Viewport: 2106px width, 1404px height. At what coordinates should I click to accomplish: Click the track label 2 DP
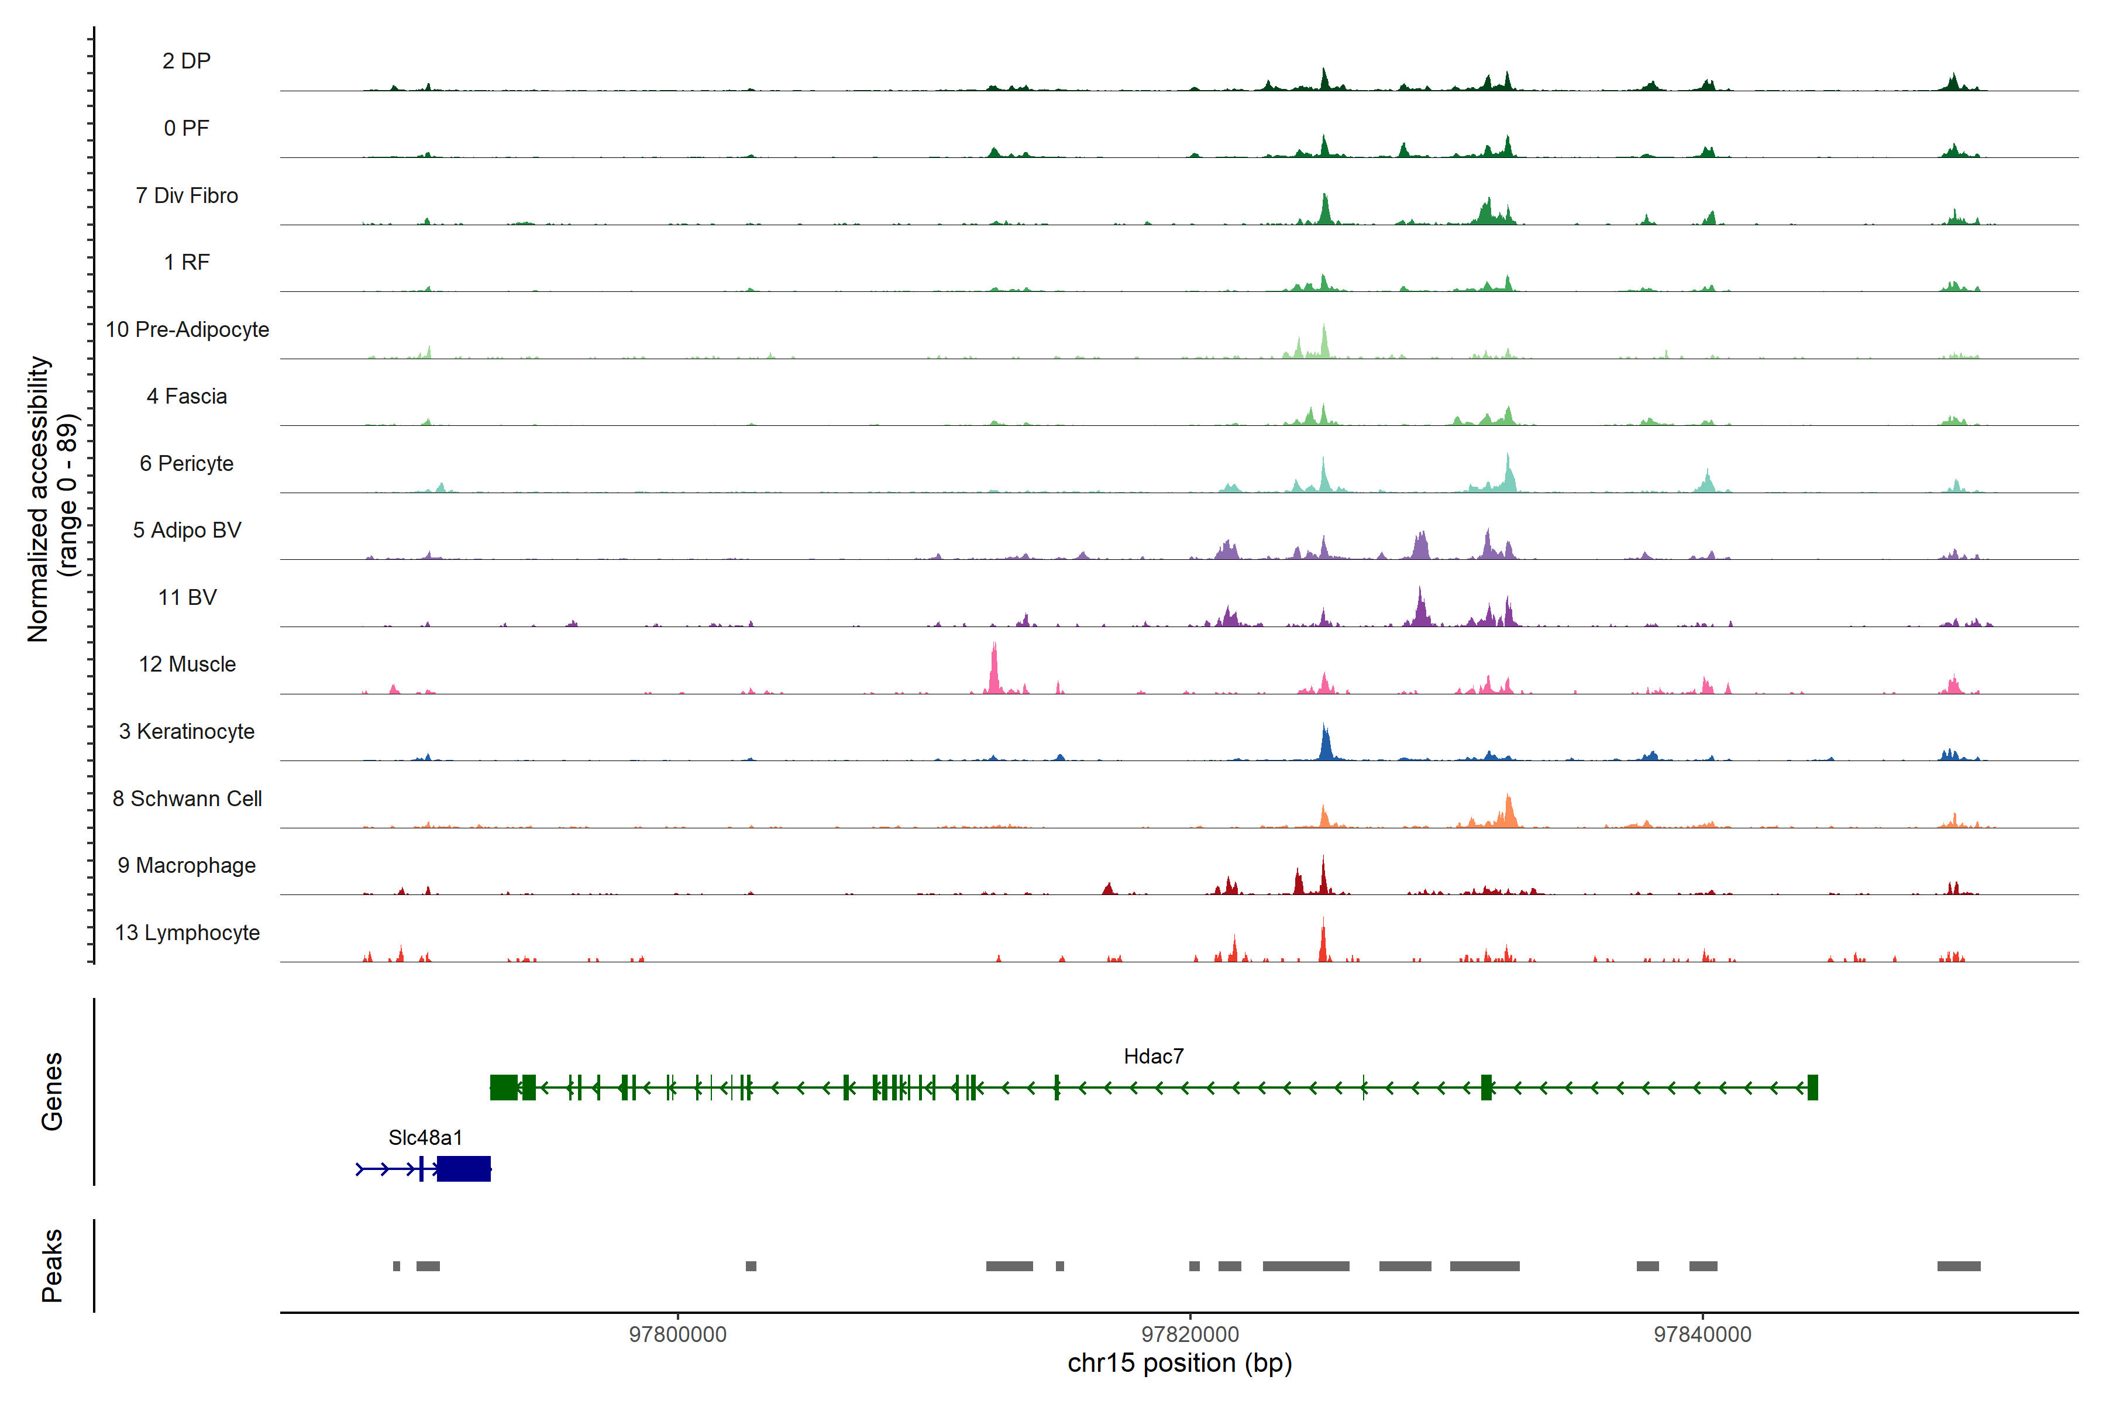coord(186,61)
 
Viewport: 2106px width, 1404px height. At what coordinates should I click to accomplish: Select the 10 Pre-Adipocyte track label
coord(187,329)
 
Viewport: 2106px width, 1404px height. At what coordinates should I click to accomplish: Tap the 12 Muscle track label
coord(187,665)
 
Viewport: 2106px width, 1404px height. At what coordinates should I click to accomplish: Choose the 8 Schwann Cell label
coord(187,799)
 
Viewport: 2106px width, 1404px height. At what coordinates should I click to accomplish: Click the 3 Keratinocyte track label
coord(187,732)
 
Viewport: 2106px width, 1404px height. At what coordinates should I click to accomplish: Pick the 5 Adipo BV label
coord(187,530)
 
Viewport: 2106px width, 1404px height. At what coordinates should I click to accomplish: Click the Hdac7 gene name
coord(1153,1057)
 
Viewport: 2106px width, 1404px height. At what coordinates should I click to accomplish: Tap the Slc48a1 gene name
coord(425,1137)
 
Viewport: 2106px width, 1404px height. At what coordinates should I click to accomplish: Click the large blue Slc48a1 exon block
coord(464,1168)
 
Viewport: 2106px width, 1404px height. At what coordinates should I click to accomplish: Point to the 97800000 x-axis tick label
coord(678,1334)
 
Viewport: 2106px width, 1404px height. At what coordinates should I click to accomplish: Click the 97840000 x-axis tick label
coord(1702,1334)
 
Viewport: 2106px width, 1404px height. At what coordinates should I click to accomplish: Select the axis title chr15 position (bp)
coord(1179,1363)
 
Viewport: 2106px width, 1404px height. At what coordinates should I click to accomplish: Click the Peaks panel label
coord(52,1265)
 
